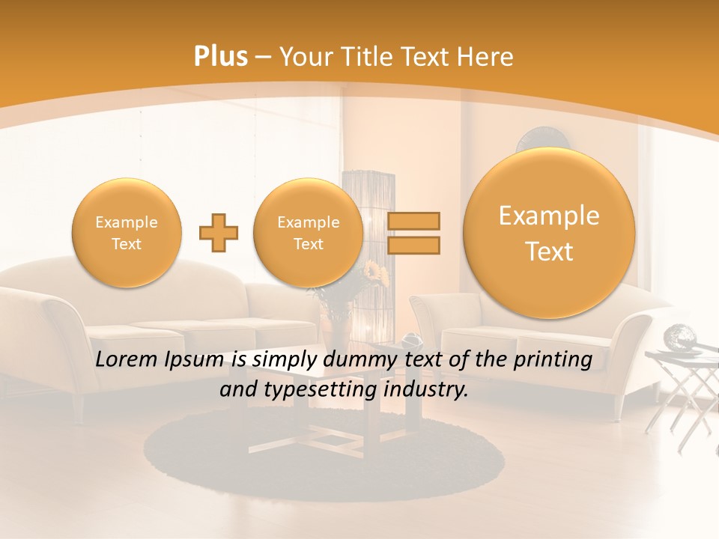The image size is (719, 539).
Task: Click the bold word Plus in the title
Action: click(220, 57)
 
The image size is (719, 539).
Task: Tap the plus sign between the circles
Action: click(219, 233)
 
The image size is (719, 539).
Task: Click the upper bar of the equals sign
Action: click(413, 221)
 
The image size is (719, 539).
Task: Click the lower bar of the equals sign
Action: click(413, 245)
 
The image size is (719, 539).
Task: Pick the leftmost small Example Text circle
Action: click(127, 233)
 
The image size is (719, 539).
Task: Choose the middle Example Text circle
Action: click(309, 233)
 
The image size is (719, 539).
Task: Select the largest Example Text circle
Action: click(549, 233)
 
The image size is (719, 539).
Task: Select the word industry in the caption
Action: click(425, 389)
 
